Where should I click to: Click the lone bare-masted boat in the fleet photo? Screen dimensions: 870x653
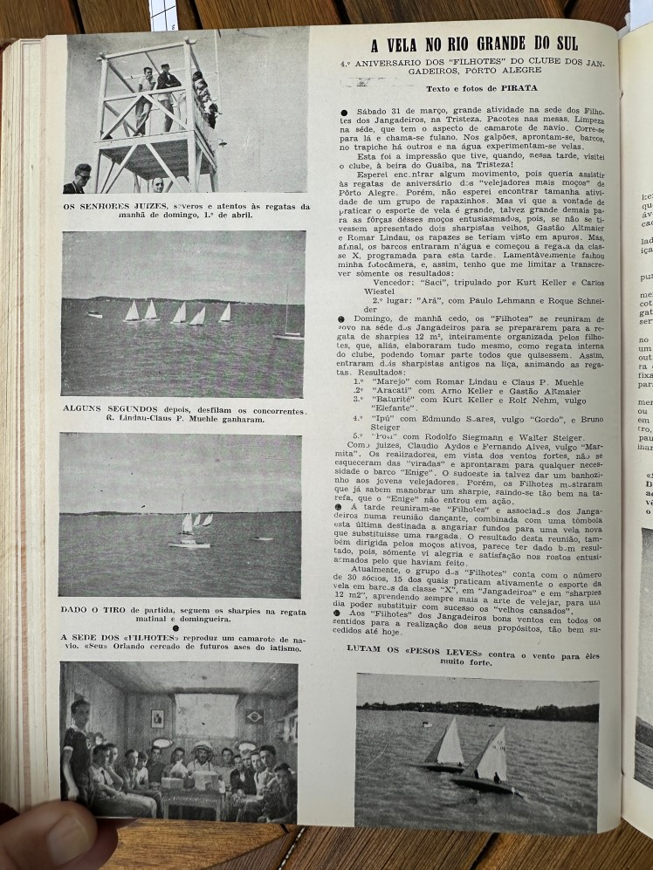click(x=287, y=323)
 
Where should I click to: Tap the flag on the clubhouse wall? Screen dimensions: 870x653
click(x=255, y=716)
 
